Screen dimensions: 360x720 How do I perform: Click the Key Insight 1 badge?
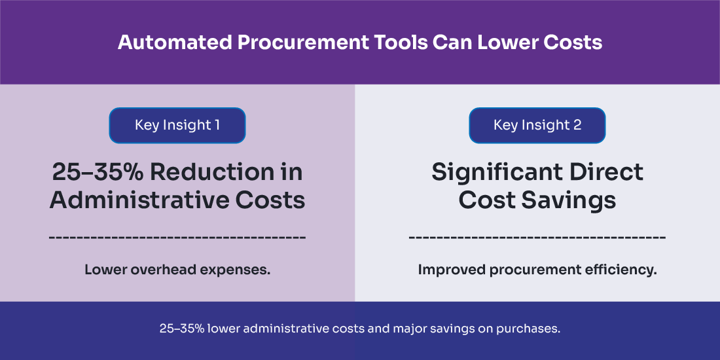177,125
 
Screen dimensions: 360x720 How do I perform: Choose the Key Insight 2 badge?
537,125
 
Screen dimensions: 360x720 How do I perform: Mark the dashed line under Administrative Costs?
177,236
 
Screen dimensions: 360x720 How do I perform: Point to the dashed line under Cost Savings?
537,236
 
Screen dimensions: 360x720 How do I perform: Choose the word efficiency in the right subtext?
621,269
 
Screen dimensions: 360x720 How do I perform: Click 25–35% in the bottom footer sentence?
182,329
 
